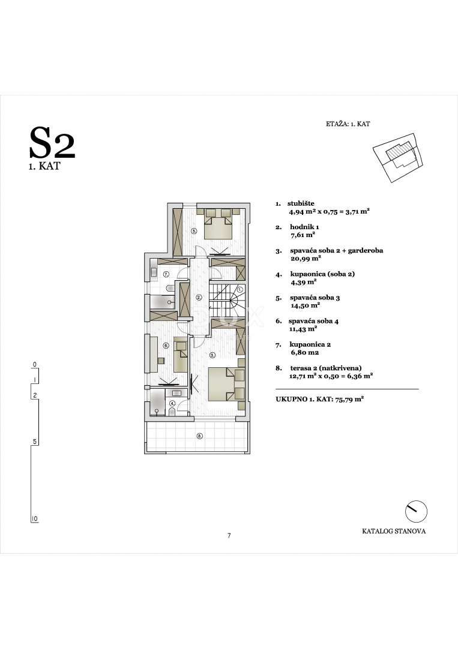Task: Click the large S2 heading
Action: coord(52,144)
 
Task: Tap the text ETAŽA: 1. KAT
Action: coord(348,124)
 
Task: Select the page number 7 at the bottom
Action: coord(229,535)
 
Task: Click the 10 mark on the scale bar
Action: coord(35,518)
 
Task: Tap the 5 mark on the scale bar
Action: coord(35,442)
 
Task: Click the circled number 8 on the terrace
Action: coord(199,436)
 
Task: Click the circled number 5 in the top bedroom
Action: coord(194,230)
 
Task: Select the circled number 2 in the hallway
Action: coord(199,297)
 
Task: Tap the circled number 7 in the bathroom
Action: coord(166,274)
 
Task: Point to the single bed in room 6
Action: coord(179,354)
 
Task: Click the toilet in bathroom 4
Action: coord(172,411)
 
